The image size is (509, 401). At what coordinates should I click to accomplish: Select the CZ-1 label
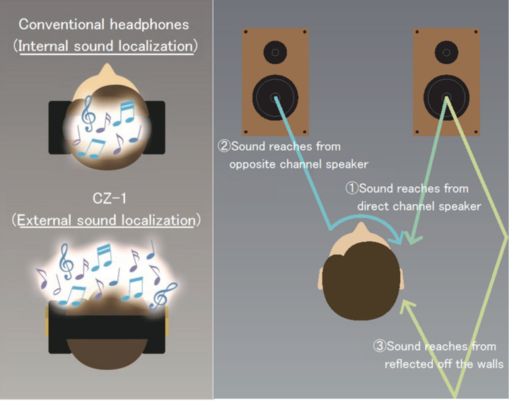click(x=109, y=198)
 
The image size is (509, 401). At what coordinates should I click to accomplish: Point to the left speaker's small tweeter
click(x=275, y=52)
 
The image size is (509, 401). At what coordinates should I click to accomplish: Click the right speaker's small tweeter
click(x=446, y=52)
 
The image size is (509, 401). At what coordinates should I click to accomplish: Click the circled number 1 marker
click(x=352, y=188)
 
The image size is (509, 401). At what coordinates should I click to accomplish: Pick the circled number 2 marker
click(x=224, y=146)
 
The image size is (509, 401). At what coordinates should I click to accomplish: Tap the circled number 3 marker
click(x=379, y=346)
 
